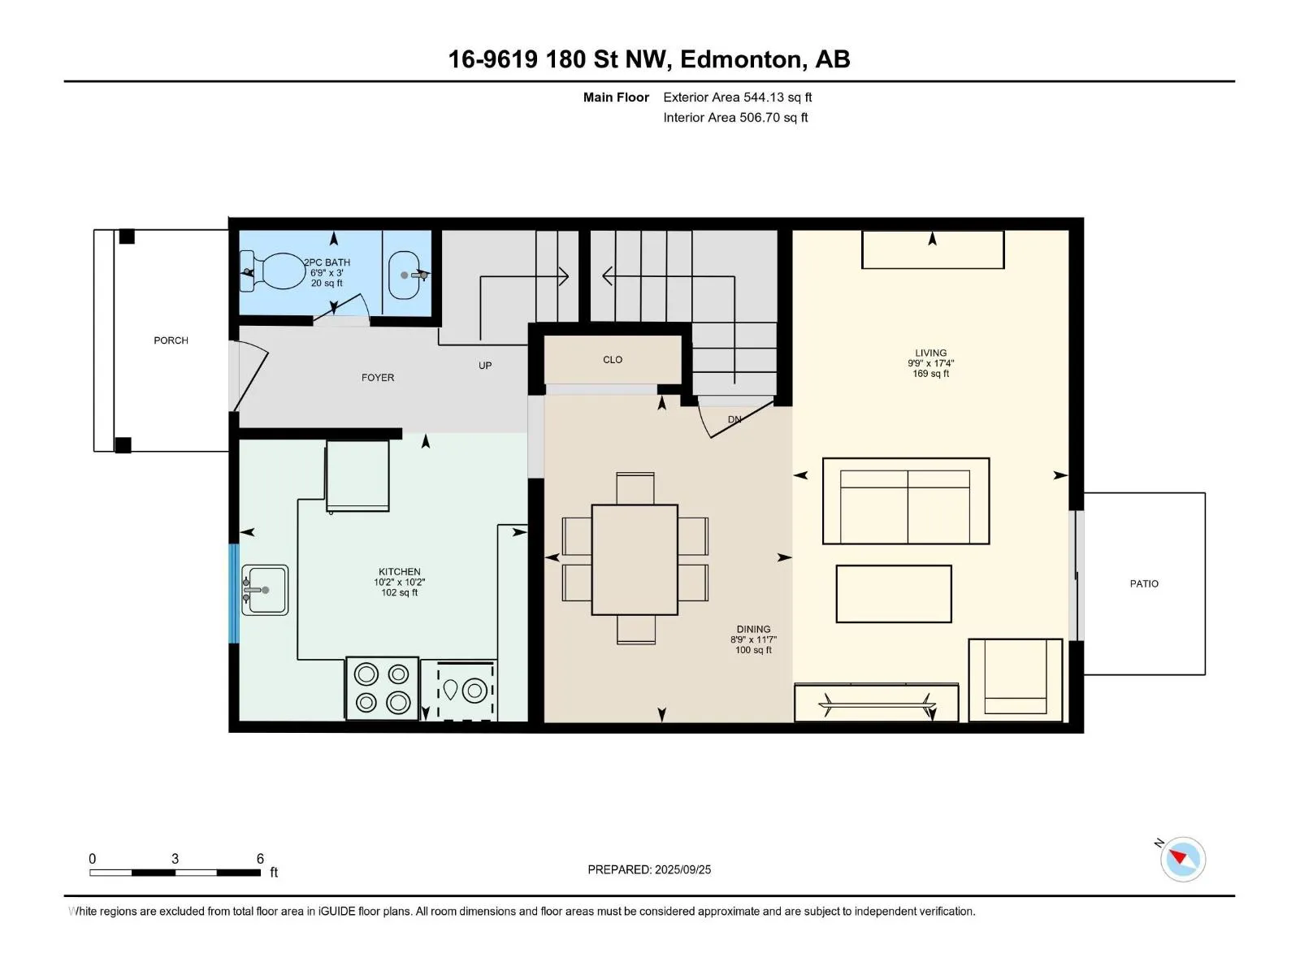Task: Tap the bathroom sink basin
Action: coord(405,275)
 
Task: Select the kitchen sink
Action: coord(265,590)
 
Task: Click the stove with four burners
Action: coord(382,688)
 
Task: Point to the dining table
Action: coord(635,560)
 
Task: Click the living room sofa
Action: coord(906,500)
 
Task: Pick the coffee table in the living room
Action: coord(894,594)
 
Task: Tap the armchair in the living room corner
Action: coord(1015,680)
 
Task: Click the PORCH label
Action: coord(171,340)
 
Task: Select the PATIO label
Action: coord(1144,583)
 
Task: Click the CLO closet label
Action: coord(613,359)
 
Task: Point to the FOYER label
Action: coord(378,378)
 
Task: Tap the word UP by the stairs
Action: coord(485,366)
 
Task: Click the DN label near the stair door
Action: coord(734,419)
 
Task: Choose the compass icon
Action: coord(1183,859)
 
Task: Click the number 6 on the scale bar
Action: coord(260,858)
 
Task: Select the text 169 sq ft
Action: coord(930,374)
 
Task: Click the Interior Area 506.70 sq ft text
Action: coord(735,117)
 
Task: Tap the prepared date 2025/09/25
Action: coord(682,869)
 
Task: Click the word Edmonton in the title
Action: coord(740,59)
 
